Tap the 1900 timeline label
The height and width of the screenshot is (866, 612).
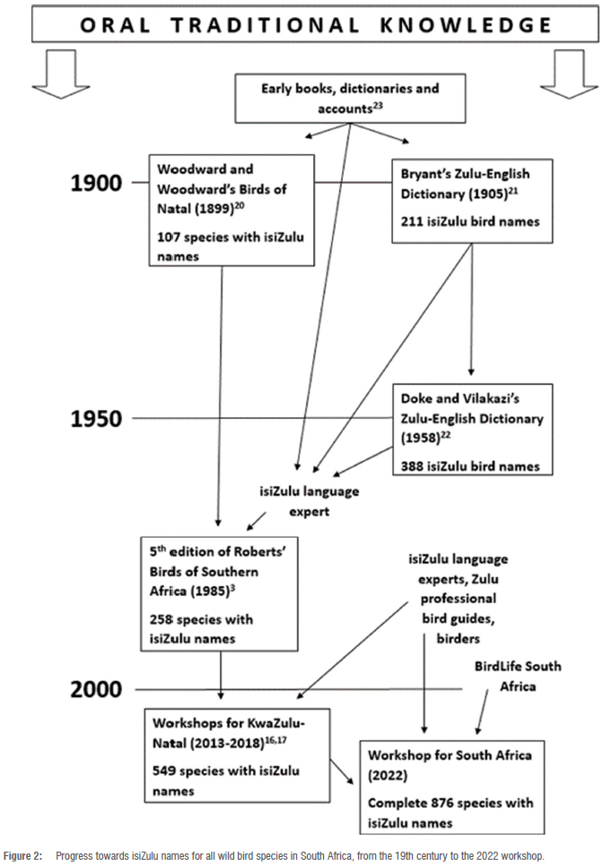click(x=95, y=183)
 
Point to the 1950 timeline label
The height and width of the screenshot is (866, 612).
click(x=95, y=418)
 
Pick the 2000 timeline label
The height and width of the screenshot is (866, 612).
click(x=96, y=689)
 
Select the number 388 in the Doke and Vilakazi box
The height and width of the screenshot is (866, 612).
click(x=414, y=465)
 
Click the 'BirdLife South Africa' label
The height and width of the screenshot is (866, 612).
click(x=518, y=676)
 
